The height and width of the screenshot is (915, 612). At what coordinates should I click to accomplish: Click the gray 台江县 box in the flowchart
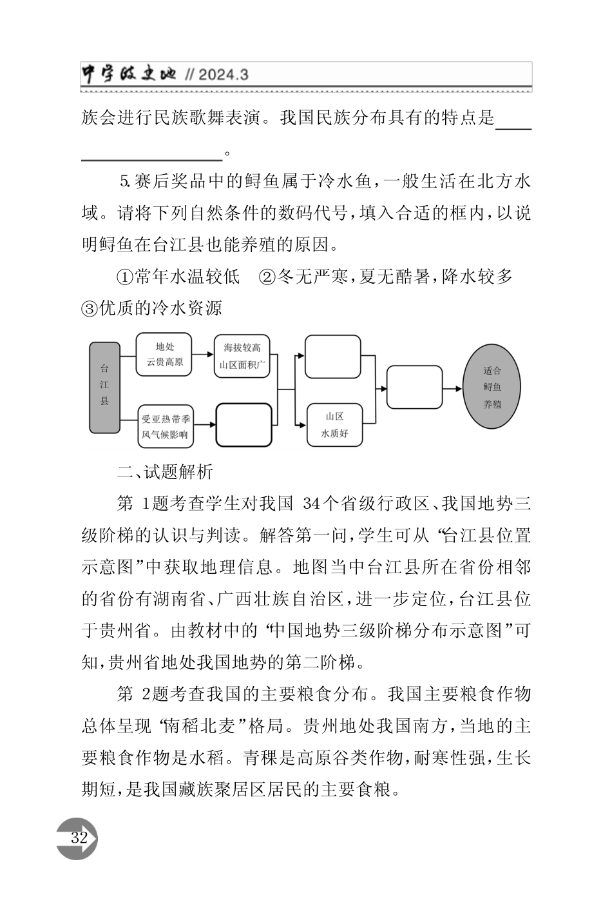104,387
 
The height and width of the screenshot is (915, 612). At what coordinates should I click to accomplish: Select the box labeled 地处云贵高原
164,354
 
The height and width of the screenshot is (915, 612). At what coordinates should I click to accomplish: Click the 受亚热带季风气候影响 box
164,426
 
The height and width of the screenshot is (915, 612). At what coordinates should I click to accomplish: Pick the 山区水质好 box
335,425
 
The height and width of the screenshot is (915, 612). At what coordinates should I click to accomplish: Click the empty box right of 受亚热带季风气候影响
244,425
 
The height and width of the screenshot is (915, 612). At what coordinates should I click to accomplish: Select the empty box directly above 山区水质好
332,356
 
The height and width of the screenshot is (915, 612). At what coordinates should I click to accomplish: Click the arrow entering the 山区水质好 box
300,424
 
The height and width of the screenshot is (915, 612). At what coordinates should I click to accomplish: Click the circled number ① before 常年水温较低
124,277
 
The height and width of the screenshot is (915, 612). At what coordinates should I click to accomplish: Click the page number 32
79,838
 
